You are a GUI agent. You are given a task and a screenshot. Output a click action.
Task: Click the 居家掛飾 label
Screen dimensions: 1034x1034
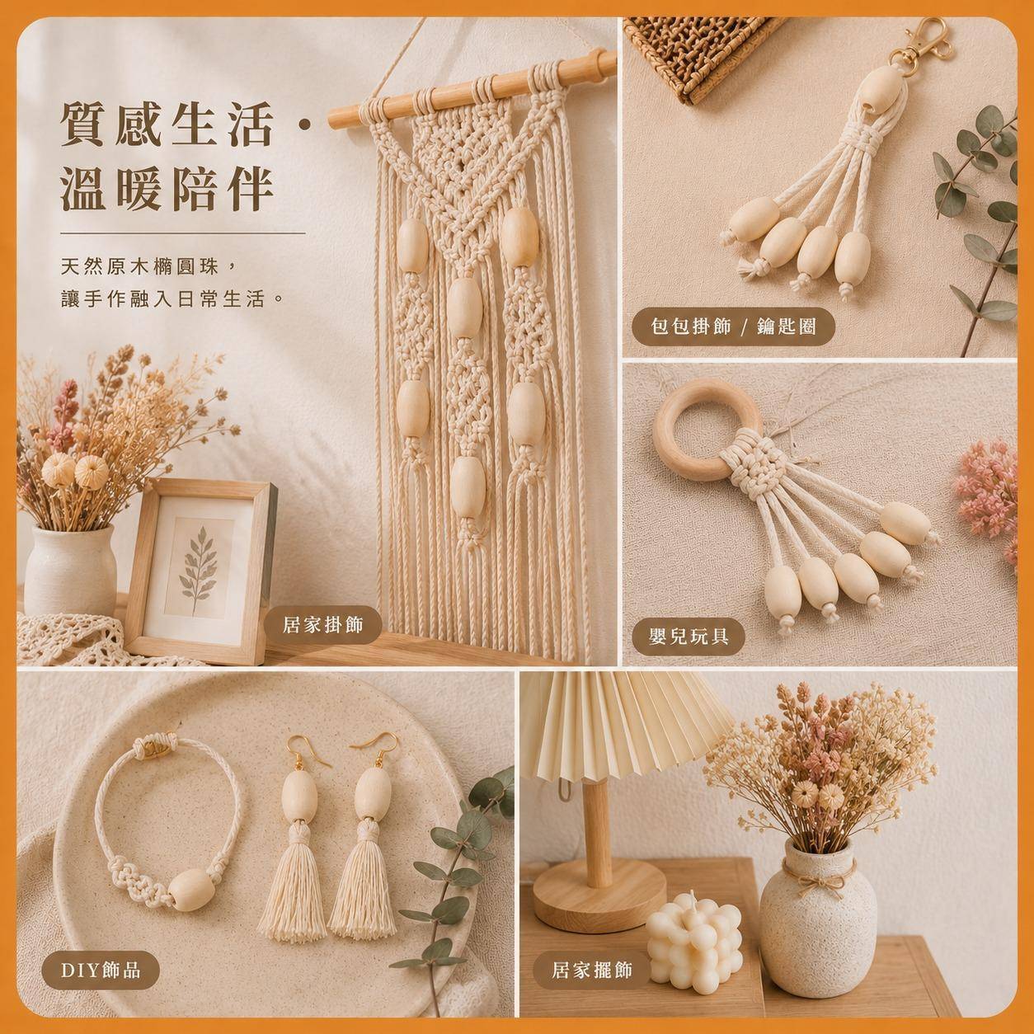point(323,624)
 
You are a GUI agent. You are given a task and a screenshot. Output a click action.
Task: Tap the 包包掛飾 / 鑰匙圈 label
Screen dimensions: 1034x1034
point(734,326)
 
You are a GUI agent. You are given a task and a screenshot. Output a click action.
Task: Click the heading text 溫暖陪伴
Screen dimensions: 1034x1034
point(168,190)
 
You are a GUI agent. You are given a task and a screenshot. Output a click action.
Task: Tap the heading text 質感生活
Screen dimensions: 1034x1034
point(168,125)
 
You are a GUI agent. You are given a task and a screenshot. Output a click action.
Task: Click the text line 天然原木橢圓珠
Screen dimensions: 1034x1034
point(139,266)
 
